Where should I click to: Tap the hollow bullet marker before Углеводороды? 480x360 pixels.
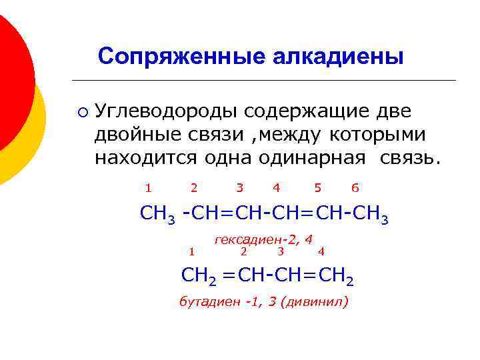tap(81, 111)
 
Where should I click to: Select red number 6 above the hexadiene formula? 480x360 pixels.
tap(355, 189)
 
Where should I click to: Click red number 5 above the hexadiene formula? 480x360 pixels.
tap(317, 189)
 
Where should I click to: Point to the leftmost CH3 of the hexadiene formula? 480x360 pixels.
tap(157, 215)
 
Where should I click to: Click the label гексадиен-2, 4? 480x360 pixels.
tap(263, 239)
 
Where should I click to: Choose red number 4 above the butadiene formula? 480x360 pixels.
tap(321, 251)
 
